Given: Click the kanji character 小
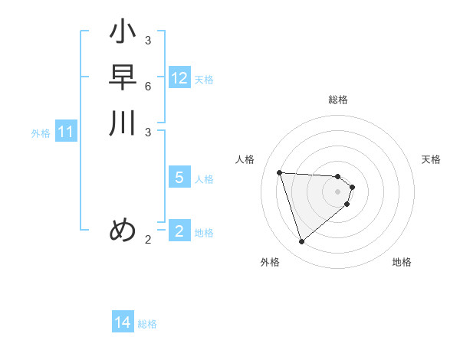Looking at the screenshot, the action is [123, 34].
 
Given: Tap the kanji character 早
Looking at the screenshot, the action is [123, 78].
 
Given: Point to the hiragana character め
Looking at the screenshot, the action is [123, 230].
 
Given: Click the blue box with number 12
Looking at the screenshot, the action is [179, 78].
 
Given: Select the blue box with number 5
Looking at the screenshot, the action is [179, 178].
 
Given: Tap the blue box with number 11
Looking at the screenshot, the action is [66, 133].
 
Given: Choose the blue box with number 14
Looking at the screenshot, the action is [123, 322].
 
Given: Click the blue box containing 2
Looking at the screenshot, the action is [179, 231].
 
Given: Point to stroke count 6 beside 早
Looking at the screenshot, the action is [148, 86].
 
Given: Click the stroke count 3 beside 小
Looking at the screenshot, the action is [148, 41].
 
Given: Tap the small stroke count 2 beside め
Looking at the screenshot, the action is [148, 240].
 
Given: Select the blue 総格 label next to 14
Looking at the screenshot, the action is [147, 324].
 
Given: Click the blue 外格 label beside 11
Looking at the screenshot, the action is [41, 133].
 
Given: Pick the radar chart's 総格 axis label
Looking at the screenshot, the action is [337, 100].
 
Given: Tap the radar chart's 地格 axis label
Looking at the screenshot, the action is [402, 262].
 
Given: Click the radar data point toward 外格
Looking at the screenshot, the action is [301, 242].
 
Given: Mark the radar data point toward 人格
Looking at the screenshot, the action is [280, 172].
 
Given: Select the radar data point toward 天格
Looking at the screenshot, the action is [352, 186].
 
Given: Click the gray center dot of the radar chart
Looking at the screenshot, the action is [337, 191].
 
